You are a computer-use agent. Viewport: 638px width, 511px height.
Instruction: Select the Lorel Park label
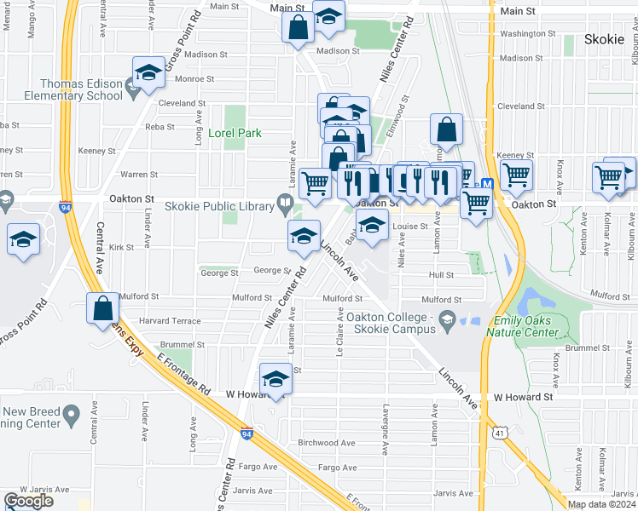[235, 134]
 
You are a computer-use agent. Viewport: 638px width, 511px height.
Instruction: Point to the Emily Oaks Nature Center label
[526, 326]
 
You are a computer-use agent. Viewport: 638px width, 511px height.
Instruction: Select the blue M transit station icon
[487, 184]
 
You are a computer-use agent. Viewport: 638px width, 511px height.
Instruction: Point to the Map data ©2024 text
[600, 504]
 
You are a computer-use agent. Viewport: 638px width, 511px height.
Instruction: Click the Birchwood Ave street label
[326, 444]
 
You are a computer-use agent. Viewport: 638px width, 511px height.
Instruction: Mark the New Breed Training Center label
[31, 417]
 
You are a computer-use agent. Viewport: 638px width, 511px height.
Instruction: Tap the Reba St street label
[159, 127]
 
